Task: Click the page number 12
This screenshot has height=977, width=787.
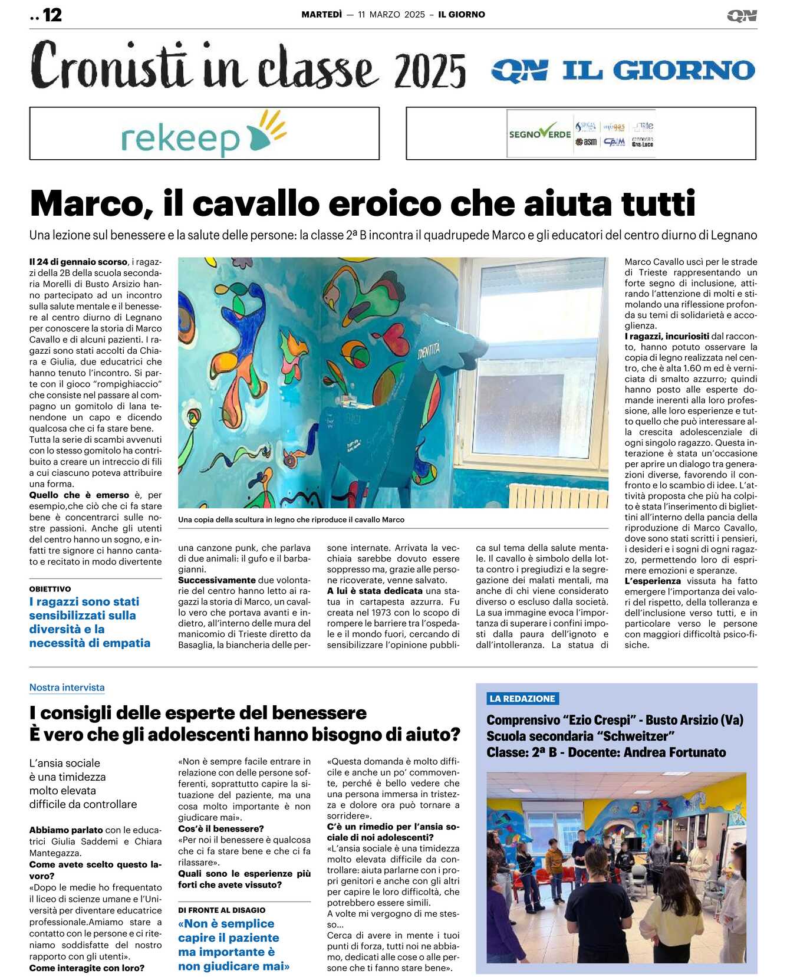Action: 52,15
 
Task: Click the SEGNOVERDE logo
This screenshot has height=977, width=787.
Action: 539,134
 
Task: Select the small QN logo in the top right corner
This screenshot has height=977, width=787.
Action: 742,16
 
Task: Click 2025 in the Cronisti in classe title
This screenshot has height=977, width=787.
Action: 430,71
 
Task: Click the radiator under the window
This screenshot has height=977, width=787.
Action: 557,496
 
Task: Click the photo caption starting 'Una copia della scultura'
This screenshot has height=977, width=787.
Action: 291,519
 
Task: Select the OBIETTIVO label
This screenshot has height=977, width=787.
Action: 50,589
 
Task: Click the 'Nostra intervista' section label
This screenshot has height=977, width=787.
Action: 67,687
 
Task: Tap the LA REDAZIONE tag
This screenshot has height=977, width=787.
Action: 522,699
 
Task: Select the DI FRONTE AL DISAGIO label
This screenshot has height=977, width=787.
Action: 222,910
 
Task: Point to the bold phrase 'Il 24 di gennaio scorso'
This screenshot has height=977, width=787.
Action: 78,262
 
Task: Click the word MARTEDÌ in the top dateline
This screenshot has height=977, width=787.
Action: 321,15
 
